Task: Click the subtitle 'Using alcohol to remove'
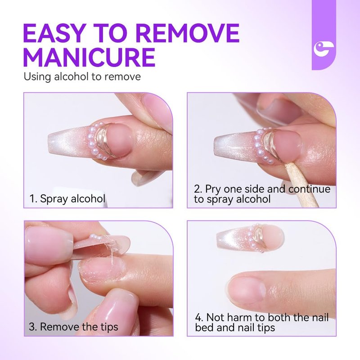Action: (x=82, y=76)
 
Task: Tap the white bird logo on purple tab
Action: (x=324, y=49)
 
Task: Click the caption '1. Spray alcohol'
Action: (x=67, y=198)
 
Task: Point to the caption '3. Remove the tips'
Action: (x=73, y=327)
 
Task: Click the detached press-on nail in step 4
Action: (x=250, y=239)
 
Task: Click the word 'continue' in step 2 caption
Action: (x=309, y=189)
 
